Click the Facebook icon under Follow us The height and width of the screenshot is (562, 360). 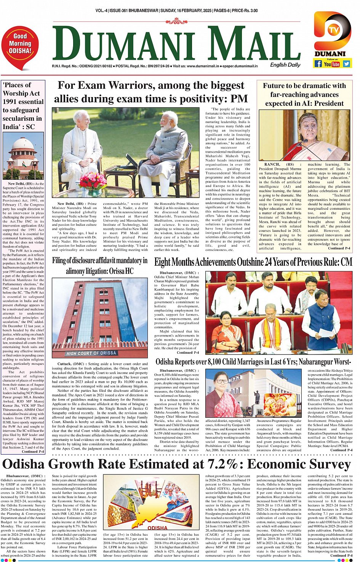point(318,64)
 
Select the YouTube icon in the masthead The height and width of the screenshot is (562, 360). point(332,64)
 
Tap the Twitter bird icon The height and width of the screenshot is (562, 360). point(346,64)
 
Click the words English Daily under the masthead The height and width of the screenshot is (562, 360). point(285,65)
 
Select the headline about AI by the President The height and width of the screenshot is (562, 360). point(304,94)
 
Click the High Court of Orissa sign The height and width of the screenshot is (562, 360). point(91,353)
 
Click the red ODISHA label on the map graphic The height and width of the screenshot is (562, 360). point(157,528)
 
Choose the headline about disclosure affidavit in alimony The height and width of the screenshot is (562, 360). point(99,266)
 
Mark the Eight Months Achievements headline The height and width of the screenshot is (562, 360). point(253,262)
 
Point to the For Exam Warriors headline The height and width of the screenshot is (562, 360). point(151,92)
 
